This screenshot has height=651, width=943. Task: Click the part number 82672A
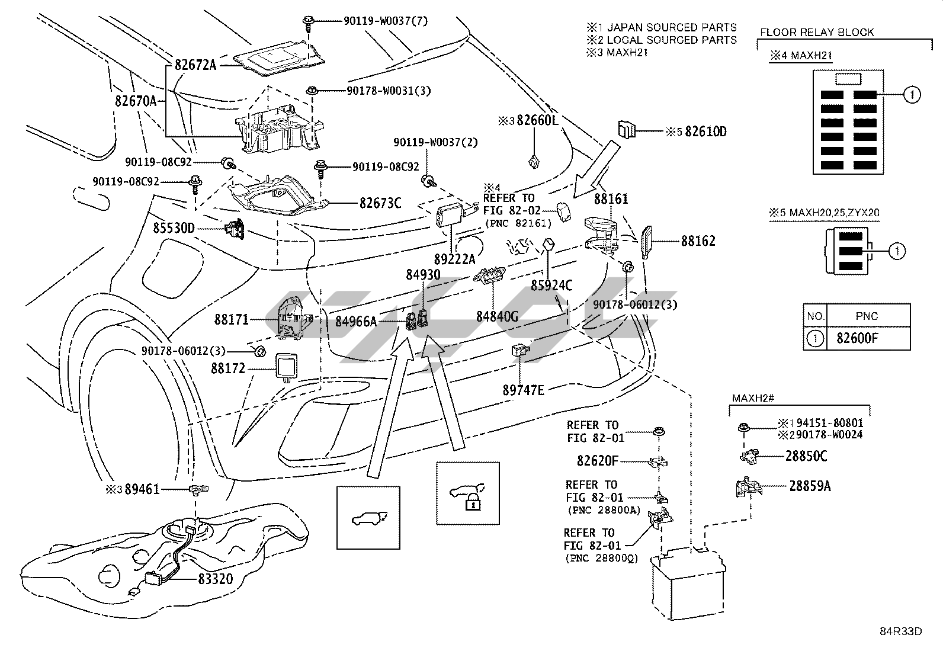195,65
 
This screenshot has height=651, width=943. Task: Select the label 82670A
136,101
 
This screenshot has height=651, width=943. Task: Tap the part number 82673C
380,203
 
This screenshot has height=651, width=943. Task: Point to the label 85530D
174,228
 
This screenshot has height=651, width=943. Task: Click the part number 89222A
454,259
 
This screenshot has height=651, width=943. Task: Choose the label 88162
698,241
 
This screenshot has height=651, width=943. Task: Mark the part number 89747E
523,390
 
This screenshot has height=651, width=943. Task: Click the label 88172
228,368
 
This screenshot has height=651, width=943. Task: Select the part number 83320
211,579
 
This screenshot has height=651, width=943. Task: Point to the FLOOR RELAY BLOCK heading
817,33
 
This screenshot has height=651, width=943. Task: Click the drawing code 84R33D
900,631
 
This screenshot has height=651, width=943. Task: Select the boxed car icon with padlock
467,493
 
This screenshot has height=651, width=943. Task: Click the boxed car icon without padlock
368,518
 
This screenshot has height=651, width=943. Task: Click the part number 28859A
810,486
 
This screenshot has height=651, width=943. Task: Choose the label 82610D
705,132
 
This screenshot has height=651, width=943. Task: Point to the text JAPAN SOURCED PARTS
672,27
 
